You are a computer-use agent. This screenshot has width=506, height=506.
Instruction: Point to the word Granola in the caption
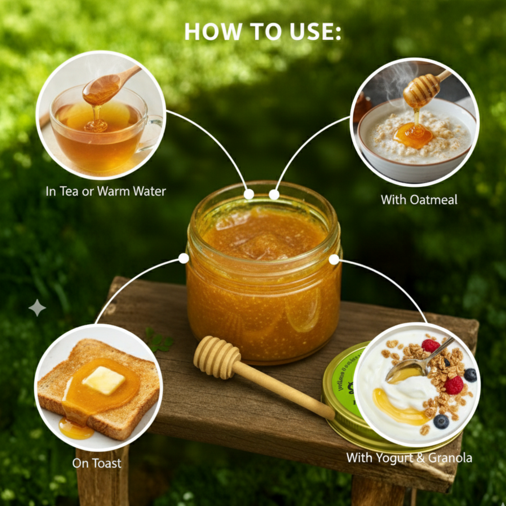point(450,458)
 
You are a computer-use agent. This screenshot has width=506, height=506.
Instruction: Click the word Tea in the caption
point(69,191)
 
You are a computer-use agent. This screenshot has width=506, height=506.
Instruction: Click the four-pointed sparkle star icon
point(37,308)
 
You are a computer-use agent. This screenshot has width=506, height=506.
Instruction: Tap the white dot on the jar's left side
point(183,258)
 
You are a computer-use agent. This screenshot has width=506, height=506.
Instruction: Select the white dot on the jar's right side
point(334,259)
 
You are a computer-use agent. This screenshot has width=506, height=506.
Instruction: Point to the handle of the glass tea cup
point(154,133)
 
